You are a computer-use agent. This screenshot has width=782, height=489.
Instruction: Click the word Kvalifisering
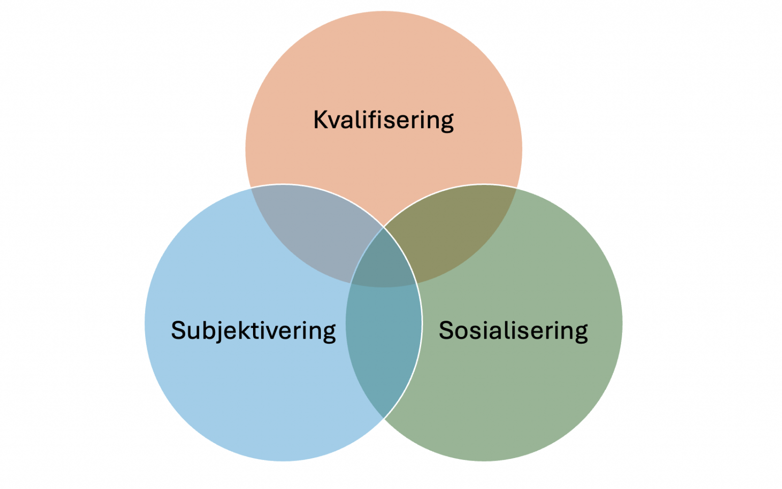(x=383, y=120)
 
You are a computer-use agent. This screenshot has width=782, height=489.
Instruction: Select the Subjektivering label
(x=254, y=331)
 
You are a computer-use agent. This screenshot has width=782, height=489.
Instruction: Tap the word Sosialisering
(x=513, y=331)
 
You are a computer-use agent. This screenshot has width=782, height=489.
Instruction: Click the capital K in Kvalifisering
(x=321, y=119)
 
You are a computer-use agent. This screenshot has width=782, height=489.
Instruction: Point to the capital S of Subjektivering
(x=178, y=330)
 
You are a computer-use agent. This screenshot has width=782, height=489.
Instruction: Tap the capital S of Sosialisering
(x=446, y=330)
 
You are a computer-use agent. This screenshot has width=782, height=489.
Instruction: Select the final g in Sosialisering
(x=581, y=334)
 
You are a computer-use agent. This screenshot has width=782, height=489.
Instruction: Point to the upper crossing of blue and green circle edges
(x=384, y=227)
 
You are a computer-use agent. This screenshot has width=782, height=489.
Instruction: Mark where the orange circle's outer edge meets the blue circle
(x=250, y=188)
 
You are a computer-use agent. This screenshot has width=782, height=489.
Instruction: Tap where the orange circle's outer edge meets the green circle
(x=517, y=188)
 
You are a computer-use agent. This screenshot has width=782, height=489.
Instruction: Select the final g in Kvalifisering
(x=446, y=124)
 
